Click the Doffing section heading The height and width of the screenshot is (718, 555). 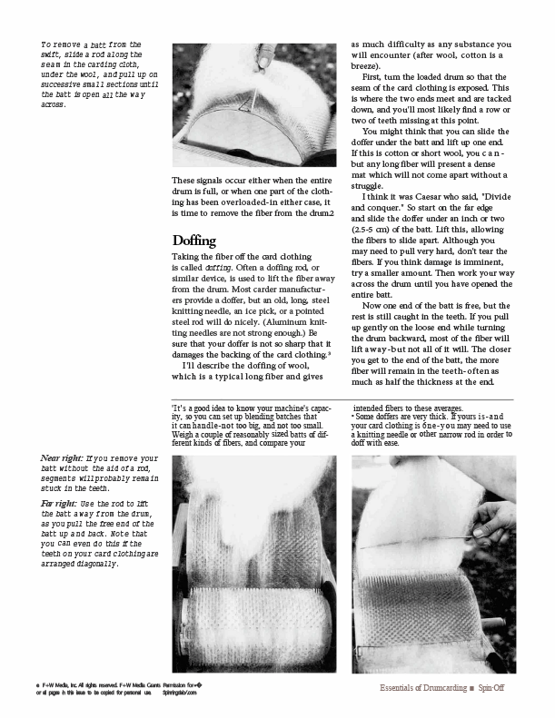194,241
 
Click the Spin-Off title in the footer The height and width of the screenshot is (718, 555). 491,688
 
